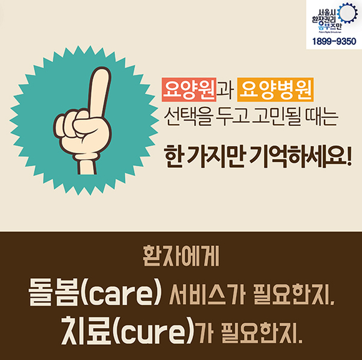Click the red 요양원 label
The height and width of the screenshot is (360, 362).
click(189, 90)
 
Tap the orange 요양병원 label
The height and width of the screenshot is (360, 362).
click(275, 90)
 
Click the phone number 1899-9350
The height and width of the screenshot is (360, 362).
click(334, 42)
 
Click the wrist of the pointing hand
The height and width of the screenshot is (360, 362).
click(87, 165)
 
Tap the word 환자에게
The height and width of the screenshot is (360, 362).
click(181, 256)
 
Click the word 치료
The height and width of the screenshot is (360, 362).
click(87, 330)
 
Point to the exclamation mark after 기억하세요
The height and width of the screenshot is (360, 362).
click(349, 157)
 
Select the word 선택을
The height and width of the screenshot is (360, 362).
click(188, 117)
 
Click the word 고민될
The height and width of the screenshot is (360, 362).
click(276, 117)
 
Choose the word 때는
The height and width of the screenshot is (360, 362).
click(321, 117)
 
